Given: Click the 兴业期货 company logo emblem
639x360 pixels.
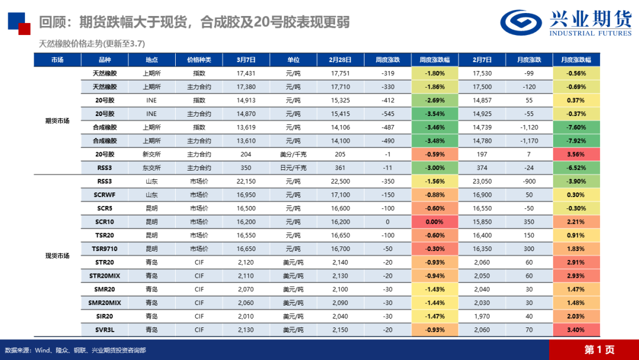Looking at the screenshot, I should tap(521, 22).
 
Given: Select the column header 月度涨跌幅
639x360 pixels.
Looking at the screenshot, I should tap(576, 60).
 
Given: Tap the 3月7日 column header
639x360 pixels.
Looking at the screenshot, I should tap(246, 60).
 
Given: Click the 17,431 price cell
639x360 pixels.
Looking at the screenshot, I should tap(246, 73).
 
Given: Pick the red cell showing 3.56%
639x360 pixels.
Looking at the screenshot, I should tap(576, 155).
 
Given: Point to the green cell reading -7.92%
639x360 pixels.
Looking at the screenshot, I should tap(576, 141).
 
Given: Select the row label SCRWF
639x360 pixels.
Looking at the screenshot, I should tap(105, 195).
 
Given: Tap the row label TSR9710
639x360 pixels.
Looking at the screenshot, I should tap(105, 249).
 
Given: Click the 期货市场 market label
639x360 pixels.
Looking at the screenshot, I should tap(57, 121).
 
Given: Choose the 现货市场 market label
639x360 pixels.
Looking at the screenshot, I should tap(57, 256).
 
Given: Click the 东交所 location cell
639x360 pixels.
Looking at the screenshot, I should tap(151, 168).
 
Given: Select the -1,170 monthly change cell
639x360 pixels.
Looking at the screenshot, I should tap(529, 141).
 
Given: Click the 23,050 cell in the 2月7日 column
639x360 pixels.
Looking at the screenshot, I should tap(482, 181).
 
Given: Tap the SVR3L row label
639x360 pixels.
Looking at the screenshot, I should tap(105, 330).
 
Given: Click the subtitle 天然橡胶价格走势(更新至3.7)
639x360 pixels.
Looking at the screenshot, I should tap(92, 43).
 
